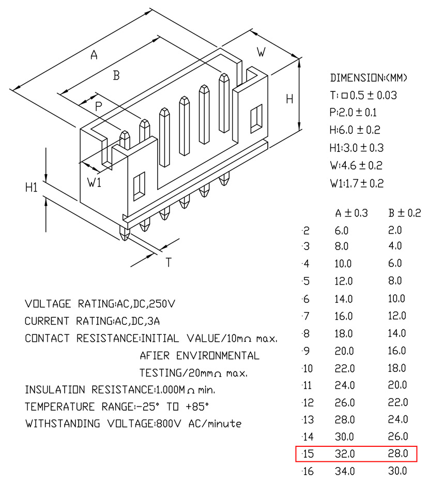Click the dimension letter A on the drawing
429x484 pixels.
pos(94,55)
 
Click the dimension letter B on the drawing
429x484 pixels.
pos(116,75)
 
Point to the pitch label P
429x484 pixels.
pos(98,106)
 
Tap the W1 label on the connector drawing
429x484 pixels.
pos(94,182)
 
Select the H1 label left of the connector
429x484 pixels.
pos(31,188)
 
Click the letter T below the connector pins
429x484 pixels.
pos(168,262)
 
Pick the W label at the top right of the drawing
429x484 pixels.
pos(261,52)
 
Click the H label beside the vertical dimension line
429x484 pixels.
pos(289,99)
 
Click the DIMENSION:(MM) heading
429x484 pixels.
pos(369,78)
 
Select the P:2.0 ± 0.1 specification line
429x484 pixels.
pos(353,113)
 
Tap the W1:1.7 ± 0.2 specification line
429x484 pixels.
pos(357,183)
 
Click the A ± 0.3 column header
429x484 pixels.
pos(351,213)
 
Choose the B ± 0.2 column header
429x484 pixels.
pos(405,213)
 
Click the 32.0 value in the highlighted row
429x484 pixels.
pos(345,454)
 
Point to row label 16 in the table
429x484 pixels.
pos(308,471)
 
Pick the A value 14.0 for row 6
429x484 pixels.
pos(344,299)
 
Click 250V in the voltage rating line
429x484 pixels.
pos(162,304)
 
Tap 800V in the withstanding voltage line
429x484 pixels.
pos(168,424)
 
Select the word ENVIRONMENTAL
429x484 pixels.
pos(218,356)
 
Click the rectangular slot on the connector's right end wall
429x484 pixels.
pos(256,119)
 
